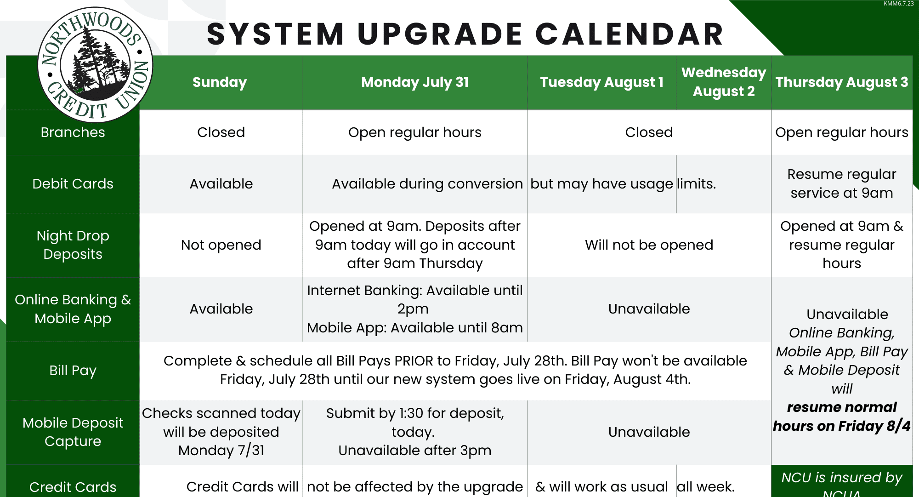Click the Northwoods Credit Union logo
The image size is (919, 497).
[x=95, y=65]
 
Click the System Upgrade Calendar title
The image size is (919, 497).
[x=465, y=34]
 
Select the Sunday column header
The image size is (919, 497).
[x=220, y=82]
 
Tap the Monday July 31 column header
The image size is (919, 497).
[x=415, y=82]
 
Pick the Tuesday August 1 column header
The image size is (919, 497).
[x=602, y=82]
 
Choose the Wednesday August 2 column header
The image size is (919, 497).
[x=724, y=82]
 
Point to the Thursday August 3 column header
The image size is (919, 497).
[x=842, y=82]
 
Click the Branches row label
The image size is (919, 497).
[x=73, y=132]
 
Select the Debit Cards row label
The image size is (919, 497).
[x=73, y=184]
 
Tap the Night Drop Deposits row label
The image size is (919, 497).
[x=73, y=245]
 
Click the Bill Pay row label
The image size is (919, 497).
[x=73, y=371]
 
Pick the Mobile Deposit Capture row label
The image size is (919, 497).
[x=73, y=432]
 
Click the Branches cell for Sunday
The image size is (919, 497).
[x=221, y=132]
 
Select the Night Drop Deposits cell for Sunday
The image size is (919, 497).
[x=221, y=245]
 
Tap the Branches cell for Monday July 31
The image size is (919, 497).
[x=415, y=132]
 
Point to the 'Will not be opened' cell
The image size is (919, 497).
[x=649, y=245]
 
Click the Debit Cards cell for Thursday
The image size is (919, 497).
[x=842, y=183]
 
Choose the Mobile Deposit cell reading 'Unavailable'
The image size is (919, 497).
[x=649, y=432]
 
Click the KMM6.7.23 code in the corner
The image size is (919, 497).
[x=898, y=4]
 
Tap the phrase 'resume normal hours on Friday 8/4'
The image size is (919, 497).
[x=842, y=417]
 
